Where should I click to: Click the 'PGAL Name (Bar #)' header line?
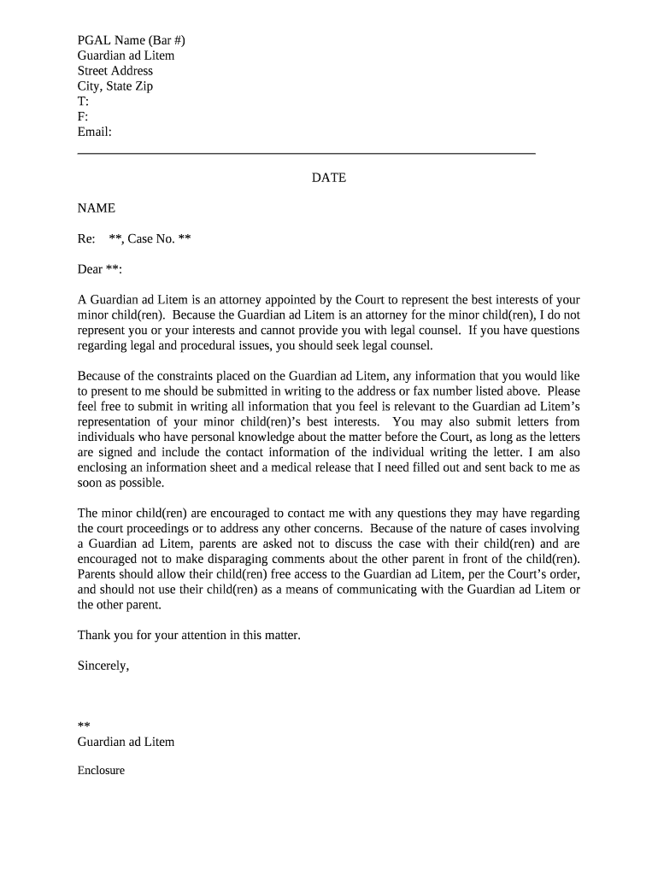click(131, 40)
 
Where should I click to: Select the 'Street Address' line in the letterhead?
click(115, 71)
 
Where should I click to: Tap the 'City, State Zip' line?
click(115, 86)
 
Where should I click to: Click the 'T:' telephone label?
click(83, 102)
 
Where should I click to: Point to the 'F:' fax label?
click(83, 117)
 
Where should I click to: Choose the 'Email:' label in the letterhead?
click(95, 132)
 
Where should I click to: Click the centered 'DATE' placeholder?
click(328, 179)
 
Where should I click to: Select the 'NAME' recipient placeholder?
click(96, 208)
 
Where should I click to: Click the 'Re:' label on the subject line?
click(86, 239)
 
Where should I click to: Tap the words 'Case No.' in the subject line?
click(151, 239)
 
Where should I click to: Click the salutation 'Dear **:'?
click(100, 270)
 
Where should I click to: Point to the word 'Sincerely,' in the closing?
click(103, 666)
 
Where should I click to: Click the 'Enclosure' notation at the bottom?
click(101, 771)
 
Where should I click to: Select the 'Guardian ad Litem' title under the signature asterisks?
click(126, 742)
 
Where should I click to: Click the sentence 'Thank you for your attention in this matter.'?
click(189, 635)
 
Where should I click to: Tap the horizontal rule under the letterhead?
click(306, 153)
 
